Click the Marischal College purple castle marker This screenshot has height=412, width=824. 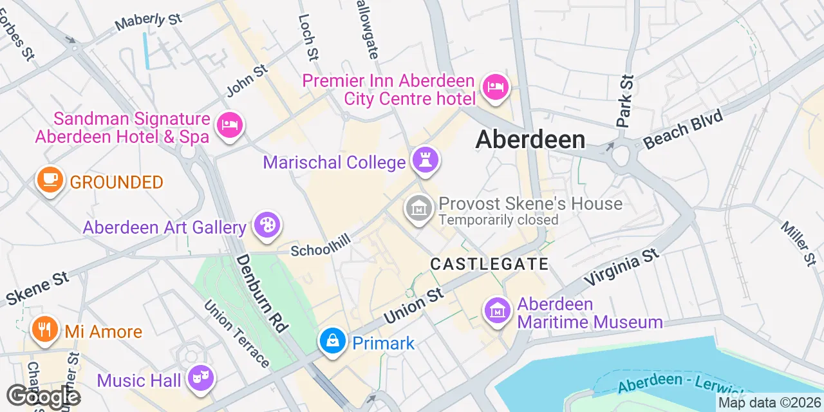425,160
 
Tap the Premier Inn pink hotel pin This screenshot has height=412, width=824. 495,86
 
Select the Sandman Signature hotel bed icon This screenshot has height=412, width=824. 229,124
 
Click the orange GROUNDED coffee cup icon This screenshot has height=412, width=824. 50,179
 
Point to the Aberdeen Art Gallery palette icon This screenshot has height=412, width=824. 265,225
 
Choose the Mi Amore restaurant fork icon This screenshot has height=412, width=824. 44,330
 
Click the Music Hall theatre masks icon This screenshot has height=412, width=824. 200,378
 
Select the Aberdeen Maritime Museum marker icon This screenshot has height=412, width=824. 498,310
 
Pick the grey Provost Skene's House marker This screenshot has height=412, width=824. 419,208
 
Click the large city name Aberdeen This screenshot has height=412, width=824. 530,140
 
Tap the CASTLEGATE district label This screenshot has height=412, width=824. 489,264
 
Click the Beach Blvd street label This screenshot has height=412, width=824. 683,129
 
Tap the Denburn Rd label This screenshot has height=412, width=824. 261,293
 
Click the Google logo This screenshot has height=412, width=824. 43,396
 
